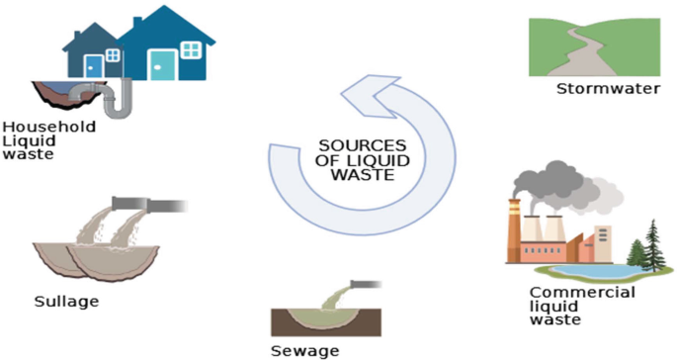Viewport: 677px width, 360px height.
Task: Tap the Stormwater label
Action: click(593, 91)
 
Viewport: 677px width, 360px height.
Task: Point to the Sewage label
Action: click(304, 351)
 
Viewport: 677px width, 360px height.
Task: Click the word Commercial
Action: click(582, 293)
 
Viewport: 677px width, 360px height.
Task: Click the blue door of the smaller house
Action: click(93, 65)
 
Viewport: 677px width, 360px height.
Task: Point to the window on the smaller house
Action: click(113, 55)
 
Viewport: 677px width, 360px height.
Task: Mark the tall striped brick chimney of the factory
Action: click(516, 226)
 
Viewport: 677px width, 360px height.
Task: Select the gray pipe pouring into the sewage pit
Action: click(358, 285)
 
